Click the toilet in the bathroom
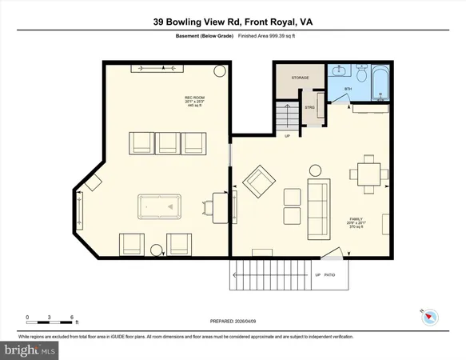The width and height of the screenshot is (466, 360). click(360, 75)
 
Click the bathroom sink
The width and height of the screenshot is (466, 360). click(334, 72)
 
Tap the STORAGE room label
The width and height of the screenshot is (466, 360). click(300, 78)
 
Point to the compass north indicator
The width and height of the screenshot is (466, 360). click(428, 314)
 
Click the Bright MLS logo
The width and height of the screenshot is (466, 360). click(30, 350)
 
